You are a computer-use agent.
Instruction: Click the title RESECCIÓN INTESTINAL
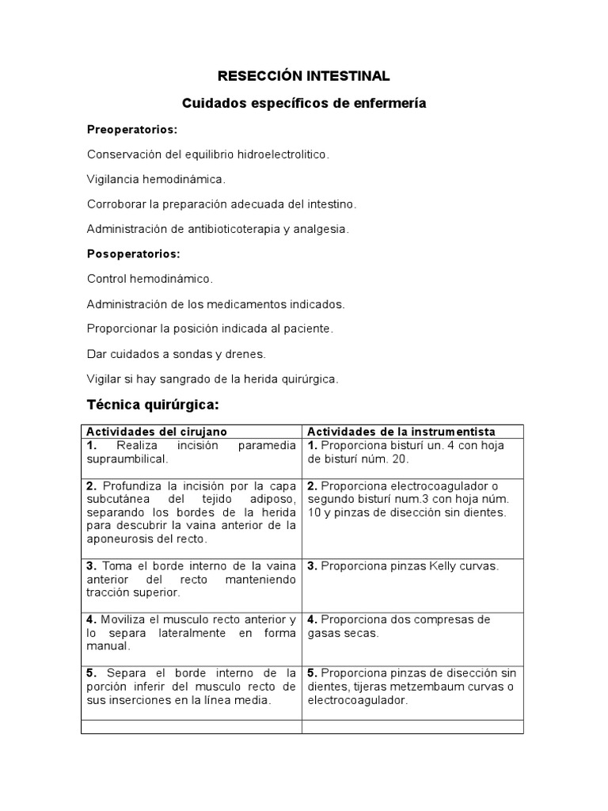(x=304, y=76)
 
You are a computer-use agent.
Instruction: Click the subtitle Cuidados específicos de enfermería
(x=304, y=103)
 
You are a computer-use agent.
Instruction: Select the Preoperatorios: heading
(x=131, y=129)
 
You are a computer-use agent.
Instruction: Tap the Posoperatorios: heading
(x=134, y=254)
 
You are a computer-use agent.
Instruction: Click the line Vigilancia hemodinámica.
(x=156, y=179)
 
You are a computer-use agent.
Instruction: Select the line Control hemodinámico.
(x=150, y=279)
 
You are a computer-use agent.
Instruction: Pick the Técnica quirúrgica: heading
(x=152, y=405)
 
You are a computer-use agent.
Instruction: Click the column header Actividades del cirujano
(x=156, y=432)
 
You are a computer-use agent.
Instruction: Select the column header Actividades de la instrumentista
(x=401, y=432)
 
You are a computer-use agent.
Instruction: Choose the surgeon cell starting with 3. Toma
(x=191, y=579)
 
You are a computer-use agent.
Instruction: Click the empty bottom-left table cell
(x=191, y=726)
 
